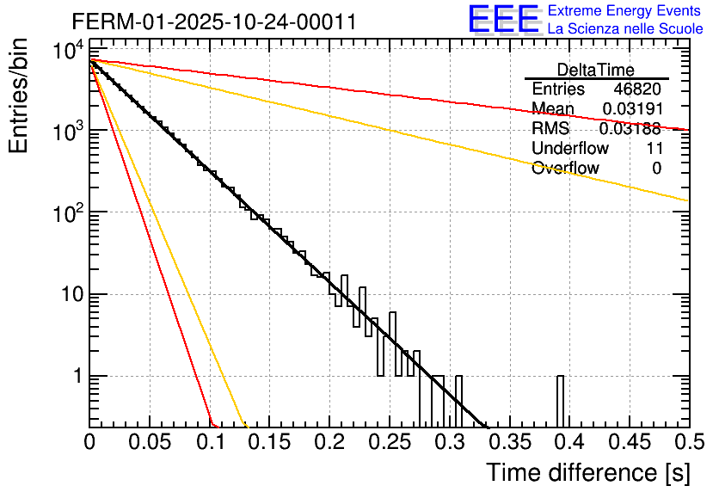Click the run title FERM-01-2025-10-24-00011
[x=213, y=22]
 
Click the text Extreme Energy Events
[x=624, y=11]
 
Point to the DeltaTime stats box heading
[x=596, y=70]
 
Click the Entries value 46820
[x=637, y=89]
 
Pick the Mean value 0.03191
[x=631, y=109]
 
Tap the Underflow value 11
[x=654, y=149]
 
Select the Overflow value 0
[x=657, y=169]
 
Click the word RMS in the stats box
[x=550, y=129]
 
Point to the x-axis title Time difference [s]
[x=587, y=472]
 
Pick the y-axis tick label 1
[x=76, y=377]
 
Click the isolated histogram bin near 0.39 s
[x=561, y=401]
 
